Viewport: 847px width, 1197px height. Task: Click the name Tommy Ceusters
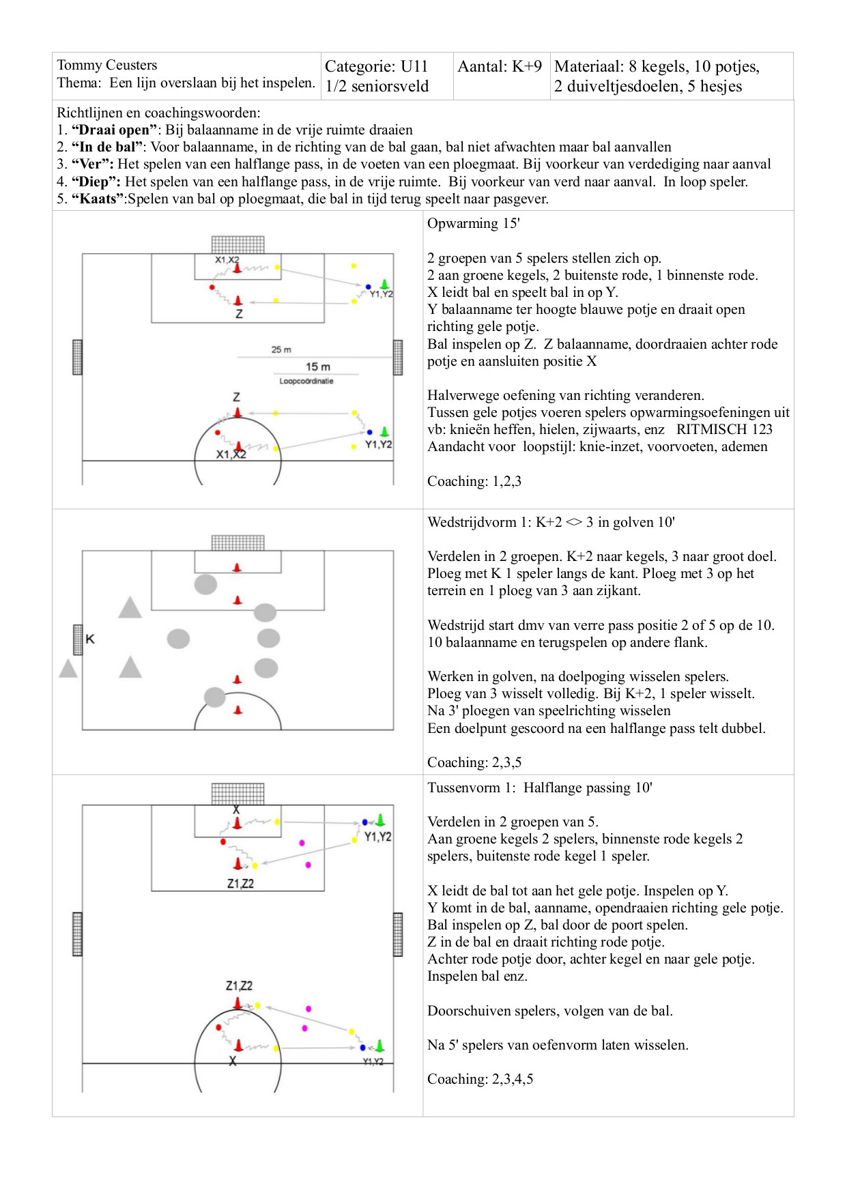(107, 65)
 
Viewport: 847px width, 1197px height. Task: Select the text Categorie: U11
(376, 66)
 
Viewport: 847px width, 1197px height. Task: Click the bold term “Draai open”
(114, 130)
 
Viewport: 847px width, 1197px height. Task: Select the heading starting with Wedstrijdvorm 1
(551, 522)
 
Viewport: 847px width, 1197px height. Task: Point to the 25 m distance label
(281, 349)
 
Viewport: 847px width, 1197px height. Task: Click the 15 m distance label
(317, 367)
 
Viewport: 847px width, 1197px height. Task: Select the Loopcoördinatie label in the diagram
(306, 381)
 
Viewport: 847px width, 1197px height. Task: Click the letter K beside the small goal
(90, 639)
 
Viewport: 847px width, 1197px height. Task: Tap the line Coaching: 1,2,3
(474, 481)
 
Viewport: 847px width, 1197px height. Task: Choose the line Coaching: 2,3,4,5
(480, 1079)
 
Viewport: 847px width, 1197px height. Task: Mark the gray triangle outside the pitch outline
(68, 668)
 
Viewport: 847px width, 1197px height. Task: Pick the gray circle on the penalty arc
(215, 697)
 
